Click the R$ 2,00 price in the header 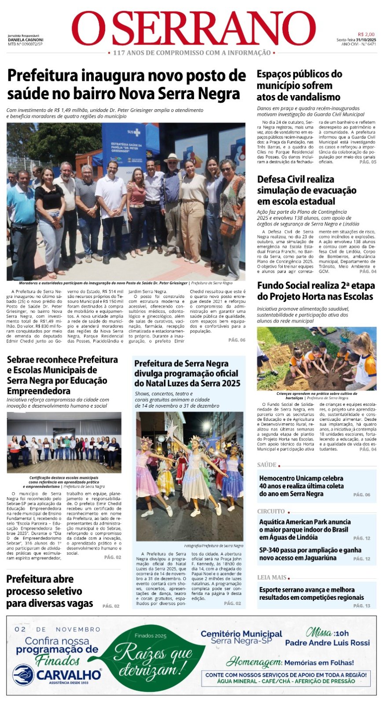point(366,34)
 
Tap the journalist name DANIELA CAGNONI point(25,40)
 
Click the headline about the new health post point(126,84)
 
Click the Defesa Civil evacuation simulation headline point(306,190)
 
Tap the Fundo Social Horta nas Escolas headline point(315,291)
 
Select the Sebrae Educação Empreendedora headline point(63,375)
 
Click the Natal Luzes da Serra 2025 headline point(187,373)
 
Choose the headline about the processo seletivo point(50,591)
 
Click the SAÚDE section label point(267,465)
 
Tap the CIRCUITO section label point(271,511)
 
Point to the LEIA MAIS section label point(272,577)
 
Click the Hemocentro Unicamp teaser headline point(301,486)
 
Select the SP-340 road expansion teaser point(310,554)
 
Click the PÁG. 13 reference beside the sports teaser point(361,606)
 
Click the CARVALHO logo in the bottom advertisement point(57,675)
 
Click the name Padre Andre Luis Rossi point(328,643)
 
